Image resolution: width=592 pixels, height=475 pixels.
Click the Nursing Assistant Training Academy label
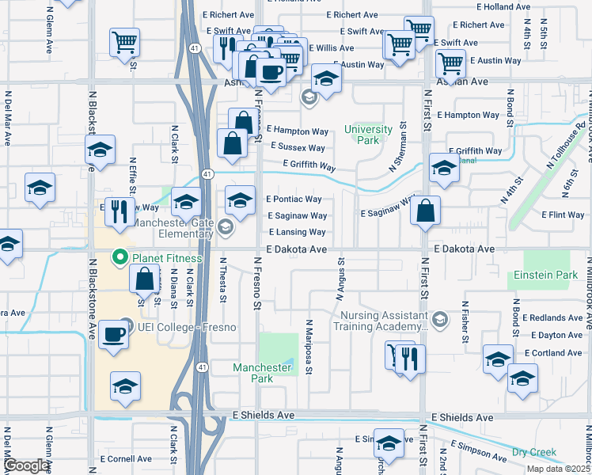pyautogui.click(x=383, y=321)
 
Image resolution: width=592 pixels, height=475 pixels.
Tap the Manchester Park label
pyautogui.click(x=262, y=373)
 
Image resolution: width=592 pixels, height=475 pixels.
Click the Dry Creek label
pyautogui.click(x=534, y=452)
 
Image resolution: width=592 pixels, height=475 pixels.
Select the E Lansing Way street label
pyautogui.click(x=297, y=232)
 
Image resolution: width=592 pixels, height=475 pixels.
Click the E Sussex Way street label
pyautogui.click(x=297, y=147)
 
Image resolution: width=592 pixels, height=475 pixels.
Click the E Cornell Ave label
pyautogui.click(x=125, y=458)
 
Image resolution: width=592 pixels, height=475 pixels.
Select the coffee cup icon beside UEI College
pyautogui.click(x=113, y=333)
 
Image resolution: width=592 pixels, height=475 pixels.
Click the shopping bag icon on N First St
pyautogui.click(x=425, y=211)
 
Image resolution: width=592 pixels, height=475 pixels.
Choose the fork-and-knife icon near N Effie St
pyautogui.click(x=120, y=211)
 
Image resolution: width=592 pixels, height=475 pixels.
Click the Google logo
pyautogui.click(x=26, y=466)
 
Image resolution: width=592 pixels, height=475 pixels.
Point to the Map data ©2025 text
pyautogui.click(x=558, y=469)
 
